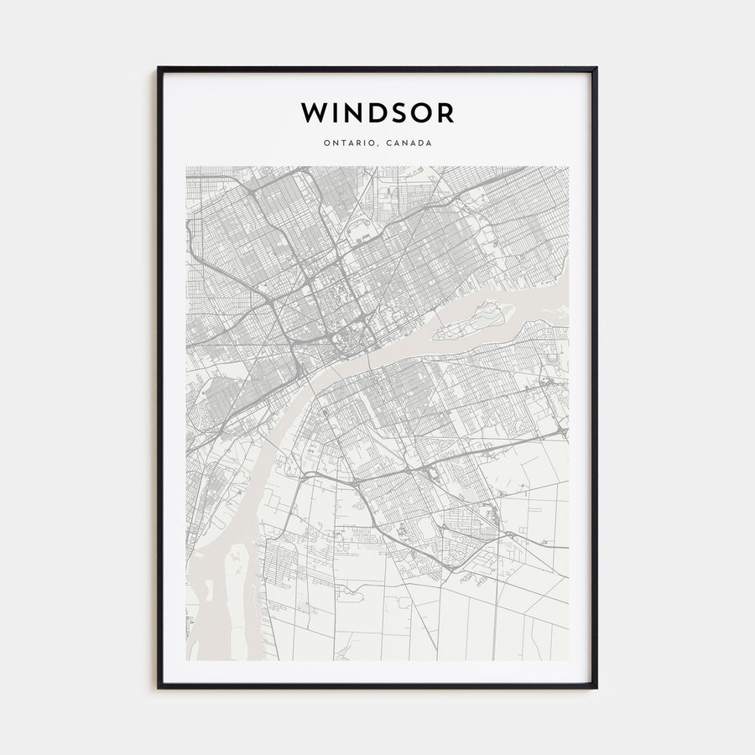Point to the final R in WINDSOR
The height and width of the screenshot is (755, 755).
tap(445, 112)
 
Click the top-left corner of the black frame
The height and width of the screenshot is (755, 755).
tap(159, 68)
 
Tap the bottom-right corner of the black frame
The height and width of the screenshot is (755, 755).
tap(596, 687)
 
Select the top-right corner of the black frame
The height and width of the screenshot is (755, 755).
tap(596, 68)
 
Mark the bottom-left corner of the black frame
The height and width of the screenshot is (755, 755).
tap(159, 687)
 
